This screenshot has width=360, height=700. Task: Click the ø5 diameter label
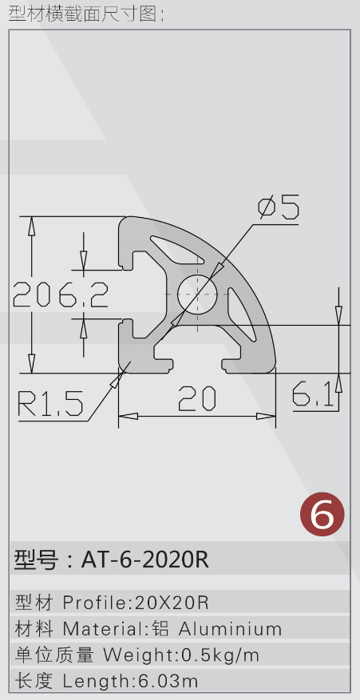coord(278,206)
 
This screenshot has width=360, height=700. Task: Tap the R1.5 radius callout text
coord(50,403)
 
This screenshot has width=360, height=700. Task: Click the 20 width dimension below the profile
coord(197,398)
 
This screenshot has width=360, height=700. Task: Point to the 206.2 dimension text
coord(61,295)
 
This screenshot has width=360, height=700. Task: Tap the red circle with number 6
coord(322,514)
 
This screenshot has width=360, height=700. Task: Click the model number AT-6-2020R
coord(144,559)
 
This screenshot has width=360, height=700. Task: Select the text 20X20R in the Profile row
coord(172,603)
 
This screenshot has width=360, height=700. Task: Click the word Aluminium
coord(231,629)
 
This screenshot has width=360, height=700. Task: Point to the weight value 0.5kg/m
coord(220,655)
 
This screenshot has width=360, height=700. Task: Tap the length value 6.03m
coord(168,682)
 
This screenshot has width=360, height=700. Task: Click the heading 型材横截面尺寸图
coord(83,14)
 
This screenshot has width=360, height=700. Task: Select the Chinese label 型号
coord(36,560)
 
